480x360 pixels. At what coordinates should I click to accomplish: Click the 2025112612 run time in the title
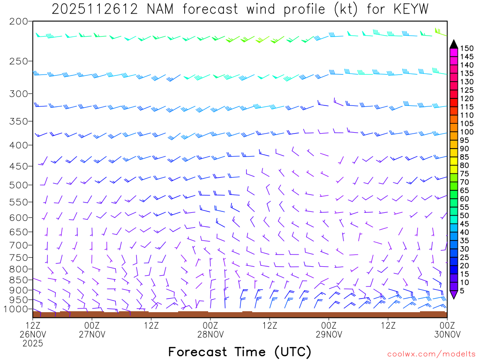[94, 9]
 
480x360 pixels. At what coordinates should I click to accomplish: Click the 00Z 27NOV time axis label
[92, 330]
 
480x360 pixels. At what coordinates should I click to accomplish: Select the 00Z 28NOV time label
[210, 330]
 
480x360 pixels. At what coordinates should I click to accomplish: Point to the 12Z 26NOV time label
[33, 330]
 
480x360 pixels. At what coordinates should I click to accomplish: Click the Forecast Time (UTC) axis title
[240, 352]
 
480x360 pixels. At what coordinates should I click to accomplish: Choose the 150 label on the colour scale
[466, 48]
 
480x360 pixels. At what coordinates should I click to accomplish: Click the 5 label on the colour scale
[462, 291]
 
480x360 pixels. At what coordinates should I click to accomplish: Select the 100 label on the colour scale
[466, 132]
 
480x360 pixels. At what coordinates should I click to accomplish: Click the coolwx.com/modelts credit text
[431, 354]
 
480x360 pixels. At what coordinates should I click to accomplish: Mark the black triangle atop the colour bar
[453, 45]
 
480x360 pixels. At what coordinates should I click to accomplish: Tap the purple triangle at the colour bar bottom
[453, 294]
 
